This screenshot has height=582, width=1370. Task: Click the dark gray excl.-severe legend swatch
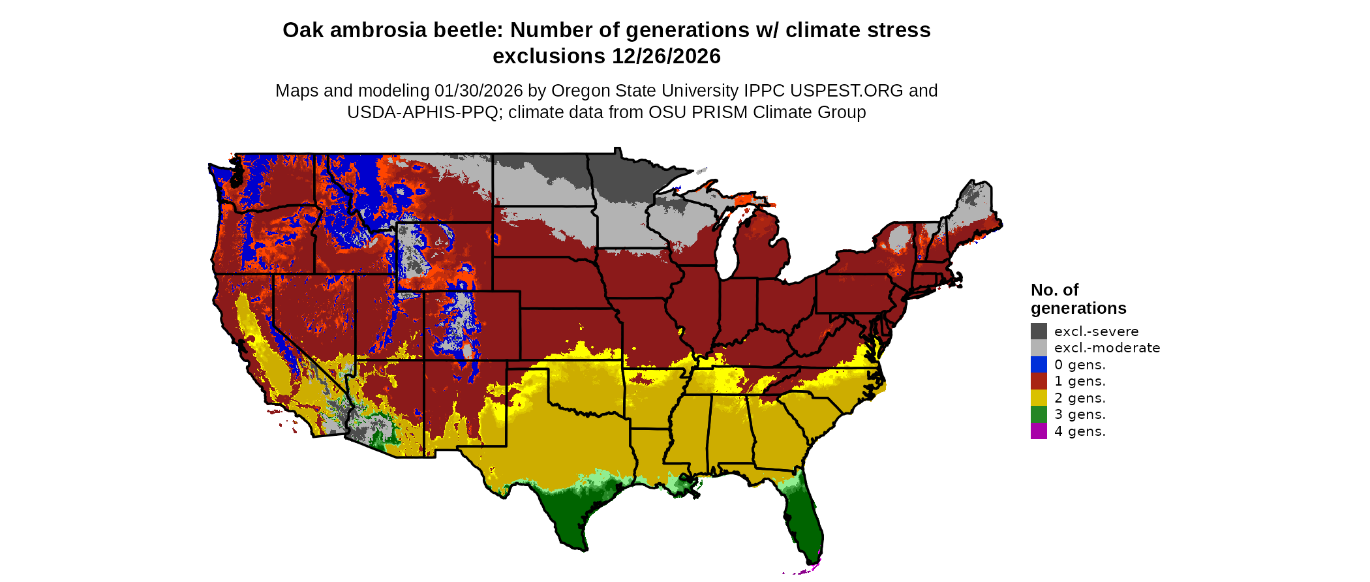click(1039, 331)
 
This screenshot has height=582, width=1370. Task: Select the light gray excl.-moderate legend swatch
click(1039, 348)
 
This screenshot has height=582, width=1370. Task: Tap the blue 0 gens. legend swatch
click(1039, 365)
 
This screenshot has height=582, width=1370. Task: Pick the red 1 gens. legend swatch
click(1039, 381)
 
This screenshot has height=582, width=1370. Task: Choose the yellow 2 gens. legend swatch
click(1039, 398)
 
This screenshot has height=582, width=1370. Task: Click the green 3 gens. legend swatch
click(1039, 414)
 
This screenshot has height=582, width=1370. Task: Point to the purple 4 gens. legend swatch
click(1039, 431)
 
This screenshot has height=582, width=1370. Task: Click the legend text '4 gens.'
click(1080, 431)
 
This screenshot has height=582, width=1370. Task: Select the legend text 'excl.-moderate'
click(1107, 348)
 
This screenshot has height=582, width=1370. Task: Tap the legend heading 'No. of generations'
click(1078, 299)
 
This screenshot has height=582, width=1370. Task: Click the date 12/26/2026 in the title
click(666, 57)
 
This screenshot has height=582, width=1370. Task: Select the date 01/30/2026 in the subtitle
click(479, 91)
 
